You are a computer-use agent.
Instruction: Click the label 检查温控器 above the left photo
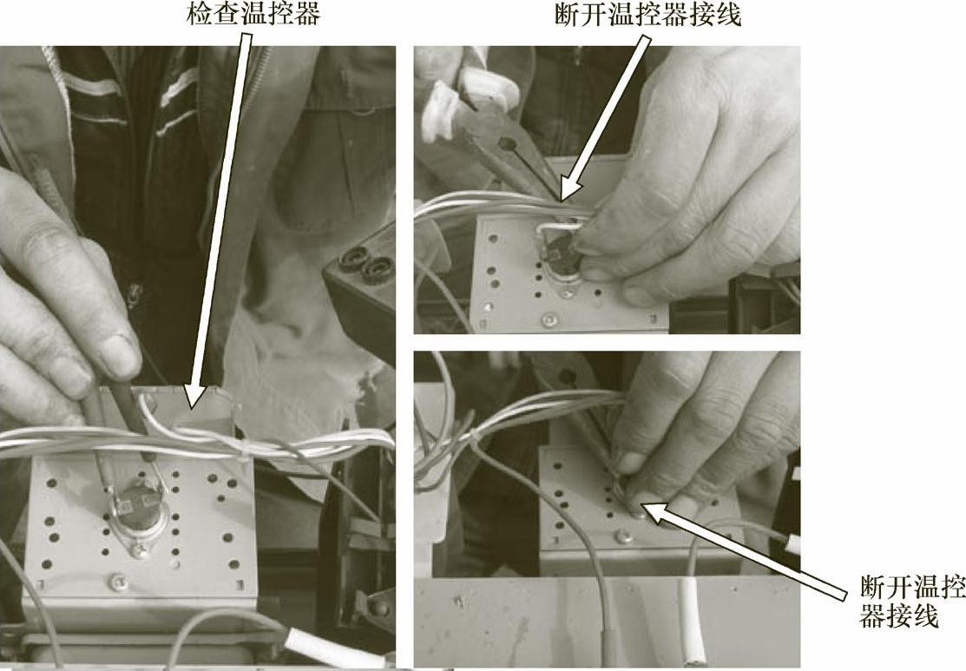[253, 14]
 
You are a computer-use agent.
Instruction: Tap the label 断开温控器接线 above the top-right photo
[647, 14]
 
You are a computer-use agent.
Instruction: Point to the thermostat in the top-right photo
[562, 258]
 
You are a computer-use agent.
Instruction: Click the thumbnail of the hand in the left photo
[117, 356]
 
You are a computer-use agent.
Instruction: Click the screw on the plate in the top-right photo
[547, 319]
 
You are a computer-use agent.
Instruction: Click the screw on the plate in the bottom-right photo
[624, 537]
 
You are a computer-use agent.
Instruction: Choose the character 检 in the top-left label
[199, 14]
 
